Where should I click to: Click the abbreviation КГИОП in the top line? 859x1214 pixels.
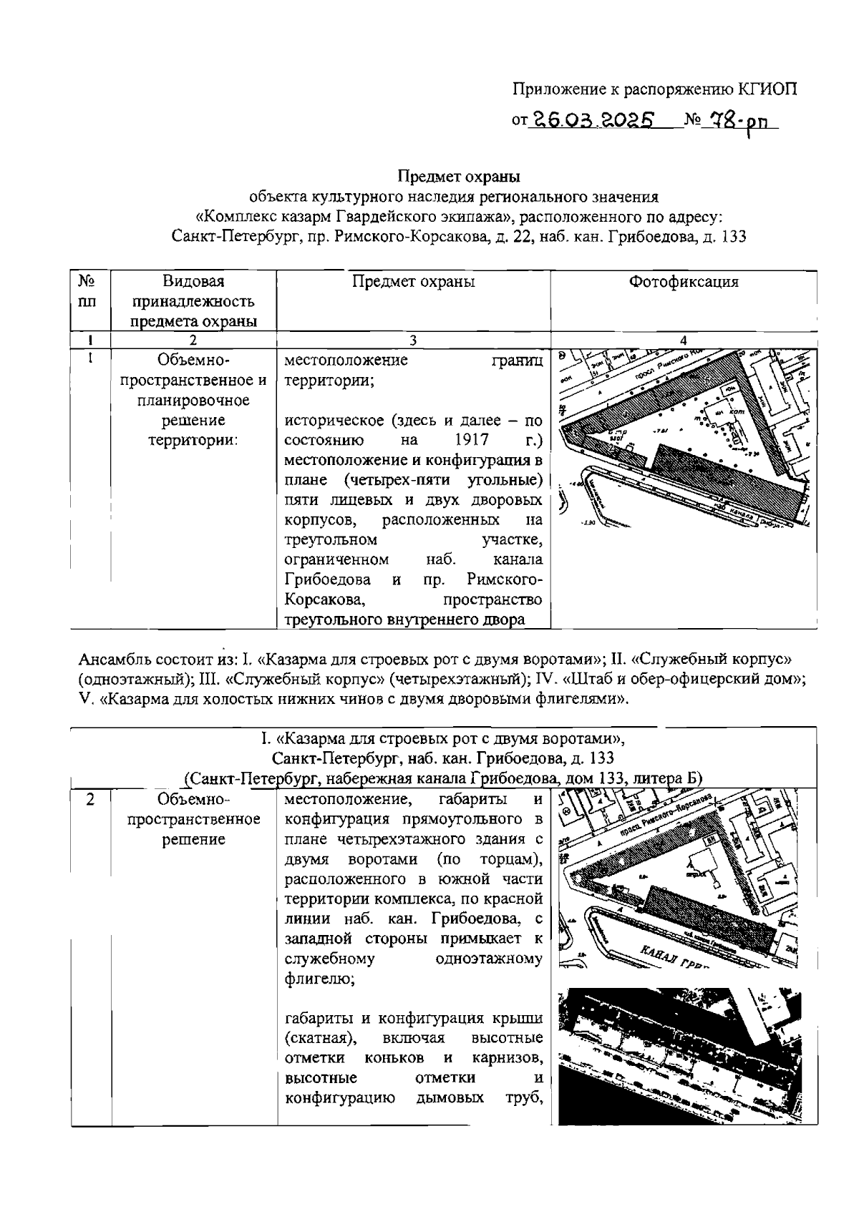click(x=767, y=89)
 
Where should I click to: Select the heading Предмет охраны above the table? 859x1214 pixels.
click(x=459, y=175)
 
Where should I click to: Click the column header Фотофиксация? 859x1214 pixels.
click(x=683, y=282)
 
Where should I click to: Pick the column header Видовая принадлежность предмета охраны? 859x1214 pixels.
click(x=193, y=301)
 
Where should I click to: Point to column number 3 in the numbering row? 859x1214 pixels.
click(x=413, y=341)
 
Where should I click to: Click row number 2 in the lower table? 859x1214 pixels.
click(x=90, y=799)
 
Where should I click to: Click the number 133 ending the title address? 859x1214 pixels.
click(x=734, y=236)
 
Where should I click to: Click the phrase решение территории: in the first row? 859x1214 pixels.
click(x=193, y=429)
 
